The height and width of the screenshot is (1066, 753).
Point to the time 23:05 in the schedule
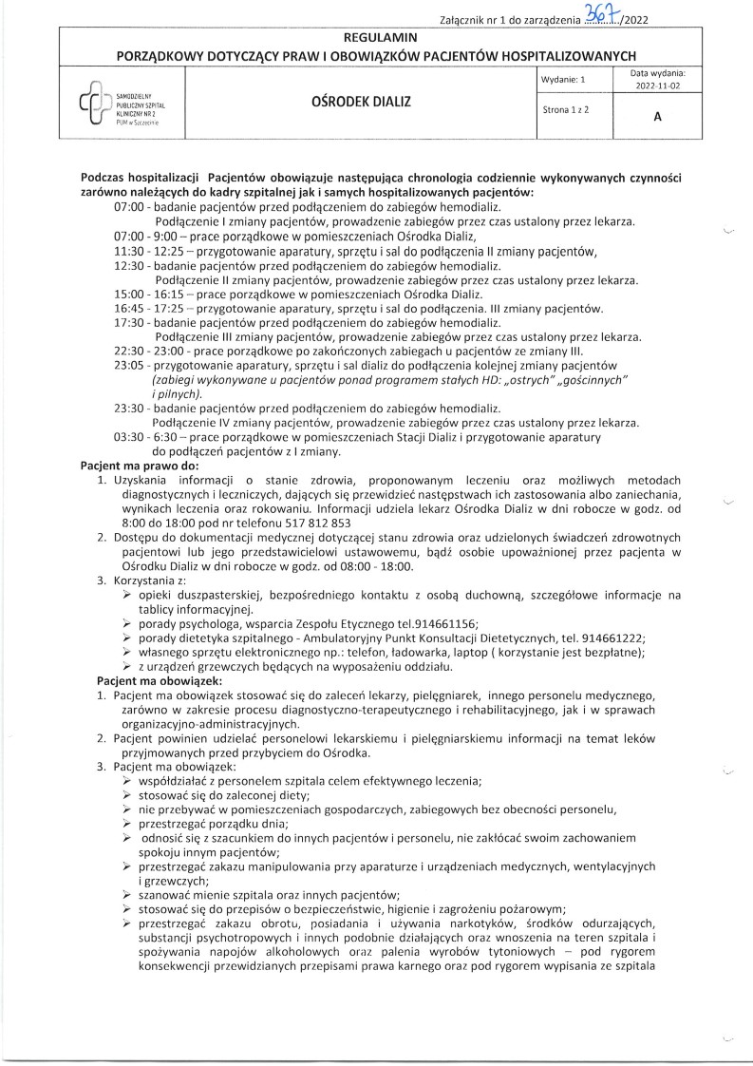[130, 366]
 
